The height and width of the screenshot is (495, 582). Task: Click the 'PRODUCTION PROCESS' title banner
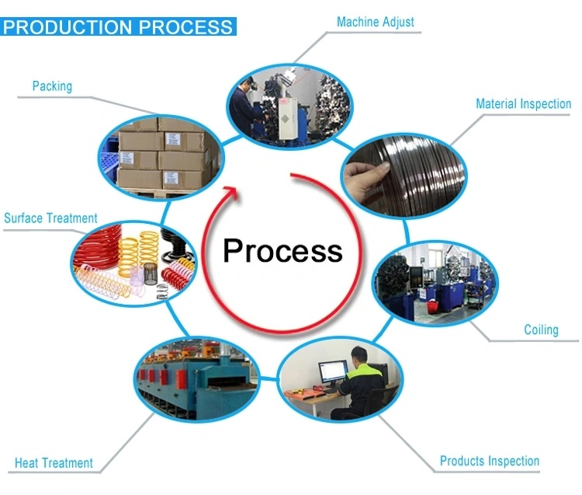(x=118, y=27)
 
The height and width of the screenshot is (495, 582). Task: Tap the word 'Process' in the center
(x=282, y=250)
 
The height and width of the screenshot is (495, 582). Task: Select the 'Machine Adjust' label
(x=375, y=23)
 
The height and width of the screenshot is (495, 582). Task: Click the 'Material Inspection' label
(x=523, y=104)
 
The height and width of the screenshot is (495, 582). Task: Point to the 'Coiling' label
(x=541, y=329)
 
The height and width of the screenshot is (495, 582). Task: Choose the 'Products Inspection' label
(x=489, y=461)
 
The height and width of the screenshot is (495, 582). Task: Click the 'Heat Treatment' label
(x=54, y=463)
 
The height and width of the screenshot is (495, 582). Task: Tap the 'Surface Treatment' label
(x=50, y=218)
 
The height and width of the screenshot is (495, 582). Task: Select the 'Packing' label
(x=52, y=86)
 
